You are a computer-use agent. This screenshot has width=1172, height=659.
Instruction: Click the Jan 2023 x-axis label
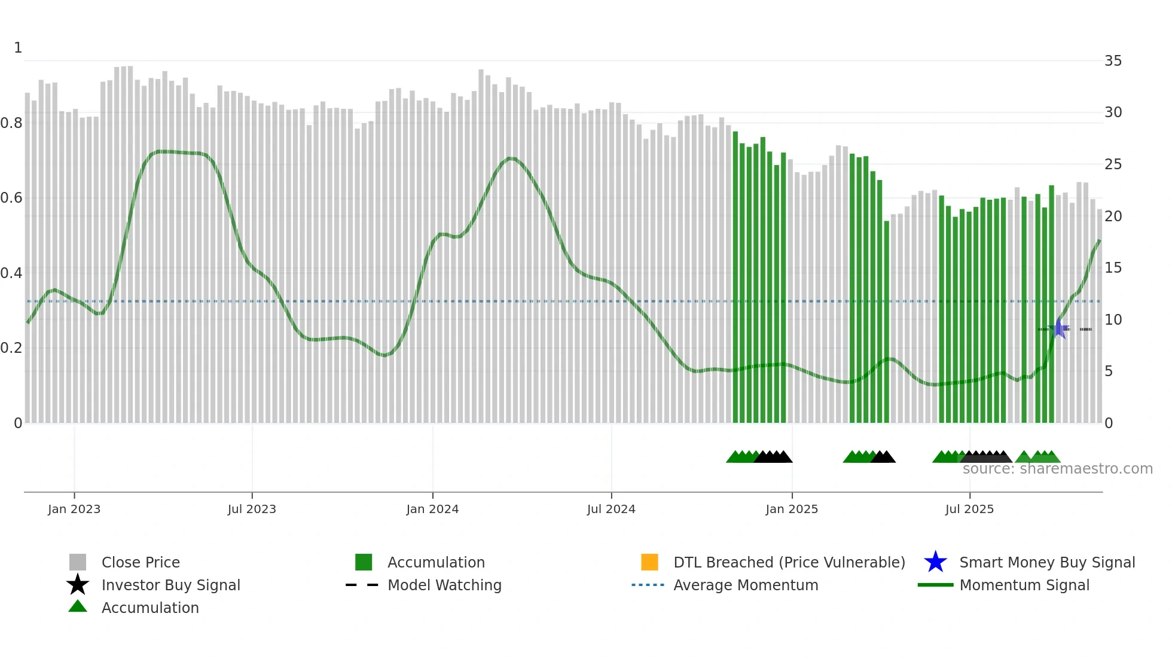[74, 509]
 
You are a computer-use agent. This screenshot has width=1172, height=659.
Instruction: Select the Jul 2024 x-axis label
[611, 509]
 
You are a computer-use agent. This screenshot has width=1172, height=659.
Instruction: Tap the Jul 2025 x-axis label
[969, 509]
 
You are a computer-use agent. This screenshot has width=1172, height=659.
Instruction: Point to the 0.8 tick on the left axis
[11, 123]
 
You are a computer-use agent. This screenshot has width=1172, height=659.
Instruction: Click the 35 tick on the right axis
[1113, 61]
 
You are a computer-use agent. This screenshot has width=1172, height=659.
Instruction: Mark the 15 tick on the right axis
[1113, 268]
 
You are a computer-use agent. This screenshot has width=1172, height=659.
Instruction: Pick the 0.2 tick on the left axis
[11, 348]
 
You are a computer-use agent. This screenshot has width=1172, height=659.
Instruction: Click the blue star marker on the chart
[1059, 328]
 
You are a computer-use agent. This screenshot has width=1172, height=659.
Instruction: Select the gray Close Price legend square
[78, 562]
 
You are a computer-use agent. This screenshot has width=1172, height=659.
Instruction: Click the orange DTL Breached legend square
[649, 562]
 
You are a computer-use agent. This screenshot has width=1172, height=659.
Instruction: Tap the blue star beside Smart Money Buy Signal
[935, 562]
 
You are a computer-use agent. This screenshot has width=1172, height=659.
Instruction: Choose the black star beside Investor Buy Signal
[78, 585]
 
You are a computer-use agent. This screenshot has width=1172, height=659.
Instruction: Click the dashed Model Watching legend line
[362, 585]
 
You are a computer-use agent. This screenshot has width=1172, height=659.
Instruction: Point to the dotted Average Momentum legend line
[648, 585]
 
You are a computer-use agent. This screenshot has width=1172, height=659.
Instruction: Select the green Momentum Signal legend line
[935, 585]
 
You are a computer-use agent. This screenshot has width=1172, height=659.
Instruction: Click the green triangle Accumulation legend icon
[78, 606]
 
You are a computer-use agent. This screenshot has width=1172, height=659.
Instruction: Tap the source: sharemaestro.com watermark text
[1057, 469]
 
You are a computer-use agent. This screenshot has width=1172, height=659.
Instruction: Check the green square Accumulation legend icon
[364, 562]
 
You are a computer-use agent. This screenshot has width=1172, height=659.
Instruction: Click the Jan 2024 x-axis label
[432, 509]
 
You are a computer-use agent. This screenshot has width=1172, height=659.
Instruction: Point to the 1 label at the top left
[18, 48]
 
